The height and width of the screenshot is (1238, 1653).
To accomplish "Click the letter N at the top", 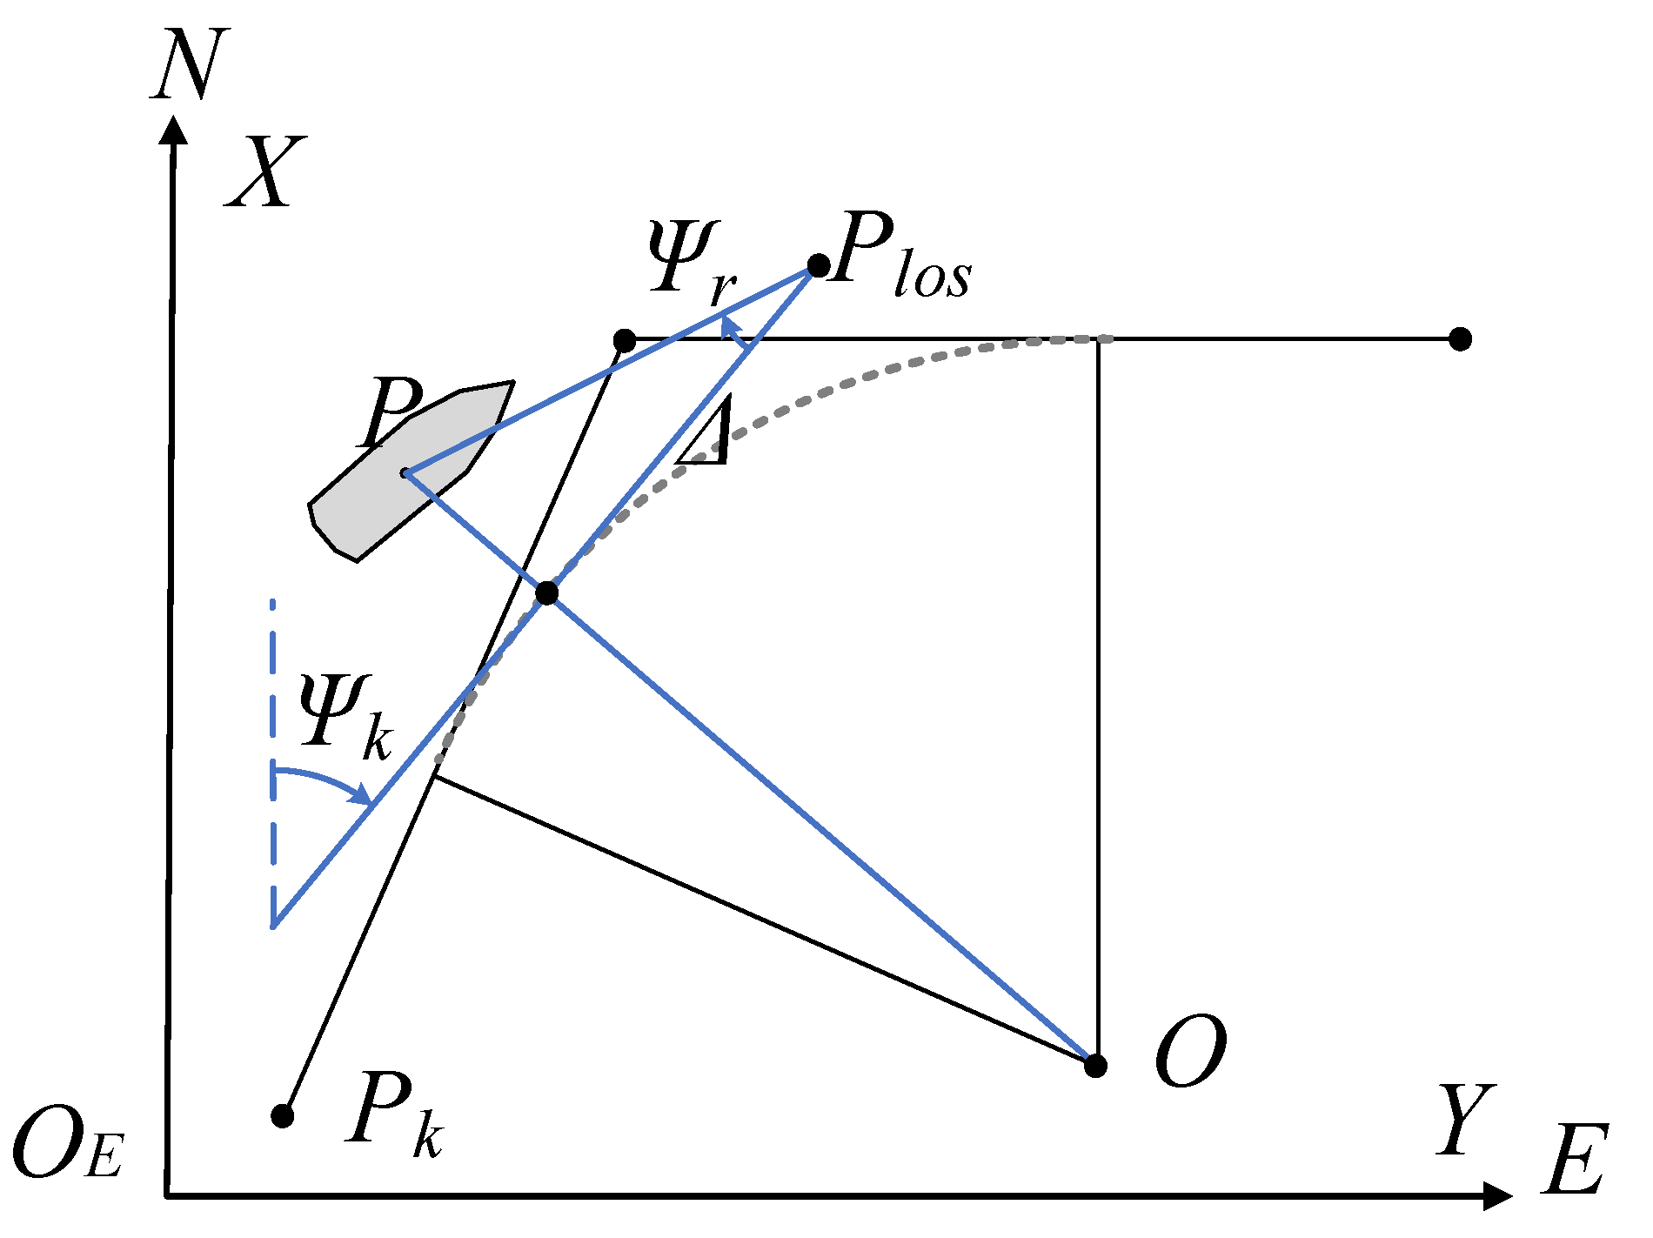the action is tap(190, 64).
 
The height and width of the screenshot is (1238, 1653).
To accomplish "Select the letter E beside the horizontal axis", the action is tap(1575, 1161).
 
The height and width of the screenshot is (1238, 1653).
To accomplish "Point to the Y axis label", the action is tap(1466, 1121).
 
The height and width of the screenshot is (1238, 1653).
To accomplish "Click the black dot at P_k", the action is tap(282, 1115).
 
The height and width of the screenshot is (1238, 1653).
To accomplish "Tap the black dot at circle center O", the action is tap(1096, 1065).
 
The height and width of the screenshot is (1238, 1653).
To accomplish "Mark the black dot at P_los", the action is tap(819, 265).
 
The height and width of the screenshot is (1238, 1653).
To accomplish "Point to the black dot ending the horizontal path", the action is tap(1461, 338).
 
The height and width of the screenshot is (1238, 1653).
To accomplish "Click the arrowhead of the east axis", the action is tap(1498, 1196).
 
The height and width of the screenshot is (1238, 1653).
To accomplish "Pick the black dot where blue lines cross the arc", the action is tap(546, 593).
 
